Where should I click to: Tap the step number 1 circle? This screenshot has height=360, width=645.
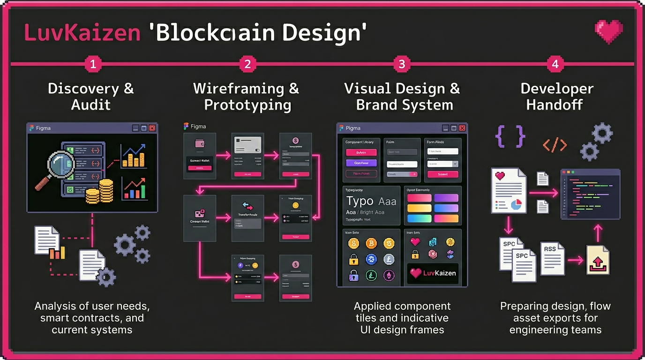93,64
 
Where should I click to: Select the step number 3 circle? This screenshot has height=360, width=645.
401,64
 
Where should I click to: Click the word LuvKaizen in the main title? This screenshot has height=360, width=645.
82,33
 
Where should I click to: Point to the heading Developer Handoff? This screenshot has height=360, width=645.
556,97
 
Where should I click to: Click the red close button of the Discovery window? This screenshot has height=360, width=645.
152,128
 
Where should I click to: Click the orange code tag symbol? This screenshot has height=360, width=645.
555,145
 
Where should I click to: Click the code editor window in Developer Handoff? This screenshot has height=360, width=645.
590,194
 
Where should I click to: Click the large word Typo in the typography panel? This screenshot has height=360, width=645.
360,202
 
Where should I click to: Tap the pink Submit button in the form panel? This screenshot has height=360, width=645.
442,174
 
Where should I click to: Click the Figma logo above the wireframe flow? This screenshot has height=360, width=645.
186,126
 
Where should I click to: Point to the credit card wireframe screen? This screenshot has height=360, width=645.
247,155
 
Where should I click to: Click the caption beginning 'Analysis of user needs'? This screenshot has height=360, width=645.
92,318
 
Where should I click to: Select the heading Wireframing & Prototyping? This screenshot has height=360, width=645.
246,97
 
